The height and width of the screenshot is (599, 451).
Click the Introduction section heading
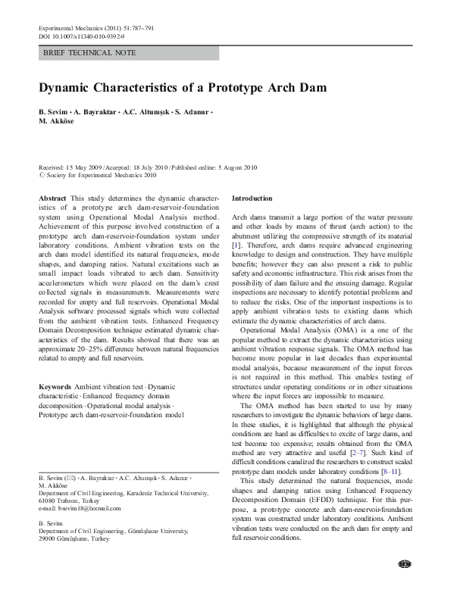(x=252, y=198)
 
